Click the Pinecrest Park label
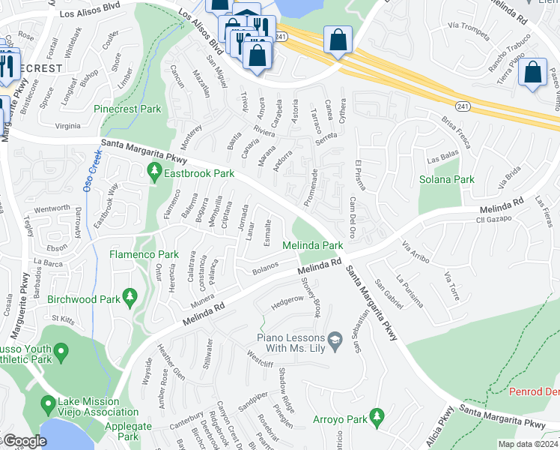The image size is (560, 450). [x=127, y=109]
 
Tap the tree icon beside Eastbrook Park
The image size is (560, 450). [x=155, y=173]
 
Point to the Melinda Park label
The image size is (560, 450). [x=312, y=245]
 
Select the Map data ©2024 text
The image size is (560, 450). [x=528, y=444]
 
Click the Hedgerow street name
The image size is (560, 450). [x=287, y=300]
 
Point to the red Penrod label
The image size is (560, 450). [x=535, y=392]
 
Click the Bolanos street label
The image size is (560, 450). [x=265, y=266]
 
